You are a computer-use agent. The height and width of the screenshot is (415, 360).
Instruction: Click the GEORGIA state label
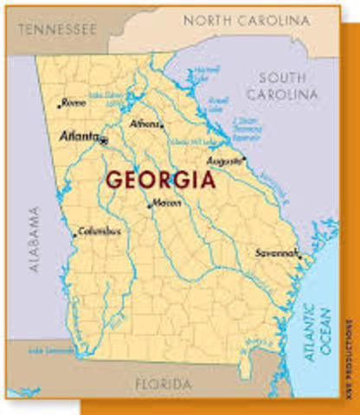pyautogui.click(x=160, y=181)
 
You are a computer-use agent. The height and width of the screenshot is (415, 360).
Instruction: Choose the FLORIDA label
pyautogui.click(x=163, y=383)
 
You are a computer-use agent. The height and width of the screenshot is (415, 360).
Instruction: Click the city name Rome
pyautogui.click(x=74, y=102)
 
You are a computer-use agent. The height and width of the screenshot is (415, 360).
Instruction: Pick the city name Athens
pyautogui.click(x=144, y=124)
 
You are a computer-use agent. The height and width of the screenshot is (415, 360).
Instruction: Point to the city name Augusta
pyautogui.click(x=223, y=162)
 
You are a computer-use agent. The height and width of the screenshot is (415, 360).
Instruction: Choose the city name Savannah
pyautogui.click(x=276, y=253)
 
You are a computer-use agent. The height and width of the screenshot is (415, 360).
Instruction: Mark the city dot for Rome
pyautogui.click(x=59, y=105)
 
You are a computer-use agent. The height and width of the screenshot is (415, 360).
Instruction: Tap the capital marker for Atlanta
pyautogui.click(x=104, y=139)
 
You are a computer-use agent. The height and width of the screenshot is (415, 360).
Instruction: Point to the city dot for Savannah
pyautogui.click(x=299, y=256)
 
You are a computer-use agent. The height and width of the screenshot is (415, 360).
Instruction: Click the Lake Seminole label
pyautogui.click(x=47, y=349)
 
